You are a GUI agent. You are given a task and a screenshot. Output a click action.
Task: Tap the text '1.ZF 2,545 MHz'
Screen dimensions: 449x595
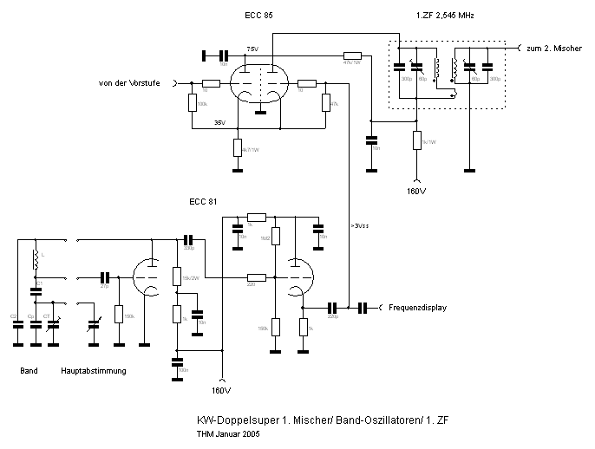click(446, 16)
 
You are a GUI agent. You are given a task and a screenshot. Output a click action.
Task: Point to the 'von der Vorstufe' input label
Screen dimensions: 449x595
click(135, 83)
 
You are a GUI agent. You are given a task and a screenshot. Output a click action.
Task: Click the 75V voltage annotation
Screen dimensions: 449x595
click(252, 49)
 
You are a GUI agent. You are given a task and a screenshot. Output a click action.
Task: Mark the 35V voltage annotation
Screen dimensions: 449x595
click(219, 123)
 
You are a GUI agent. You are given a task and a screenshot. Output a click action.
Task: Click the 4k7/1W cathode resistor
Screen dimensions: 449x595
click(237, 146)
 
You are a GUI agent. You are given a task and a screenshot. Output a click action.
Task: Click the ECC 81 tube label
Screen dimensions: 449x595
click(203, 202)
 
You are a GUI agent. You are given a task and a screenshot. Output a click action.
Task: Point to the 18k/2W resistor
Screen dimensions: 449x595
click(175, 276)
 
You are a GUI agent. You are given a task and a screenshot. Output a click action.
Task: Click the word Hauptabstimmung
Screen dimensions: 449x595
click(94, 371)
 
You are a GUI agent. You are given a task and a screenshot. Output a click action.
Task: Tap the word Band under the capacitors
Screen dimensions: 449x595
click(29, 371)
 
